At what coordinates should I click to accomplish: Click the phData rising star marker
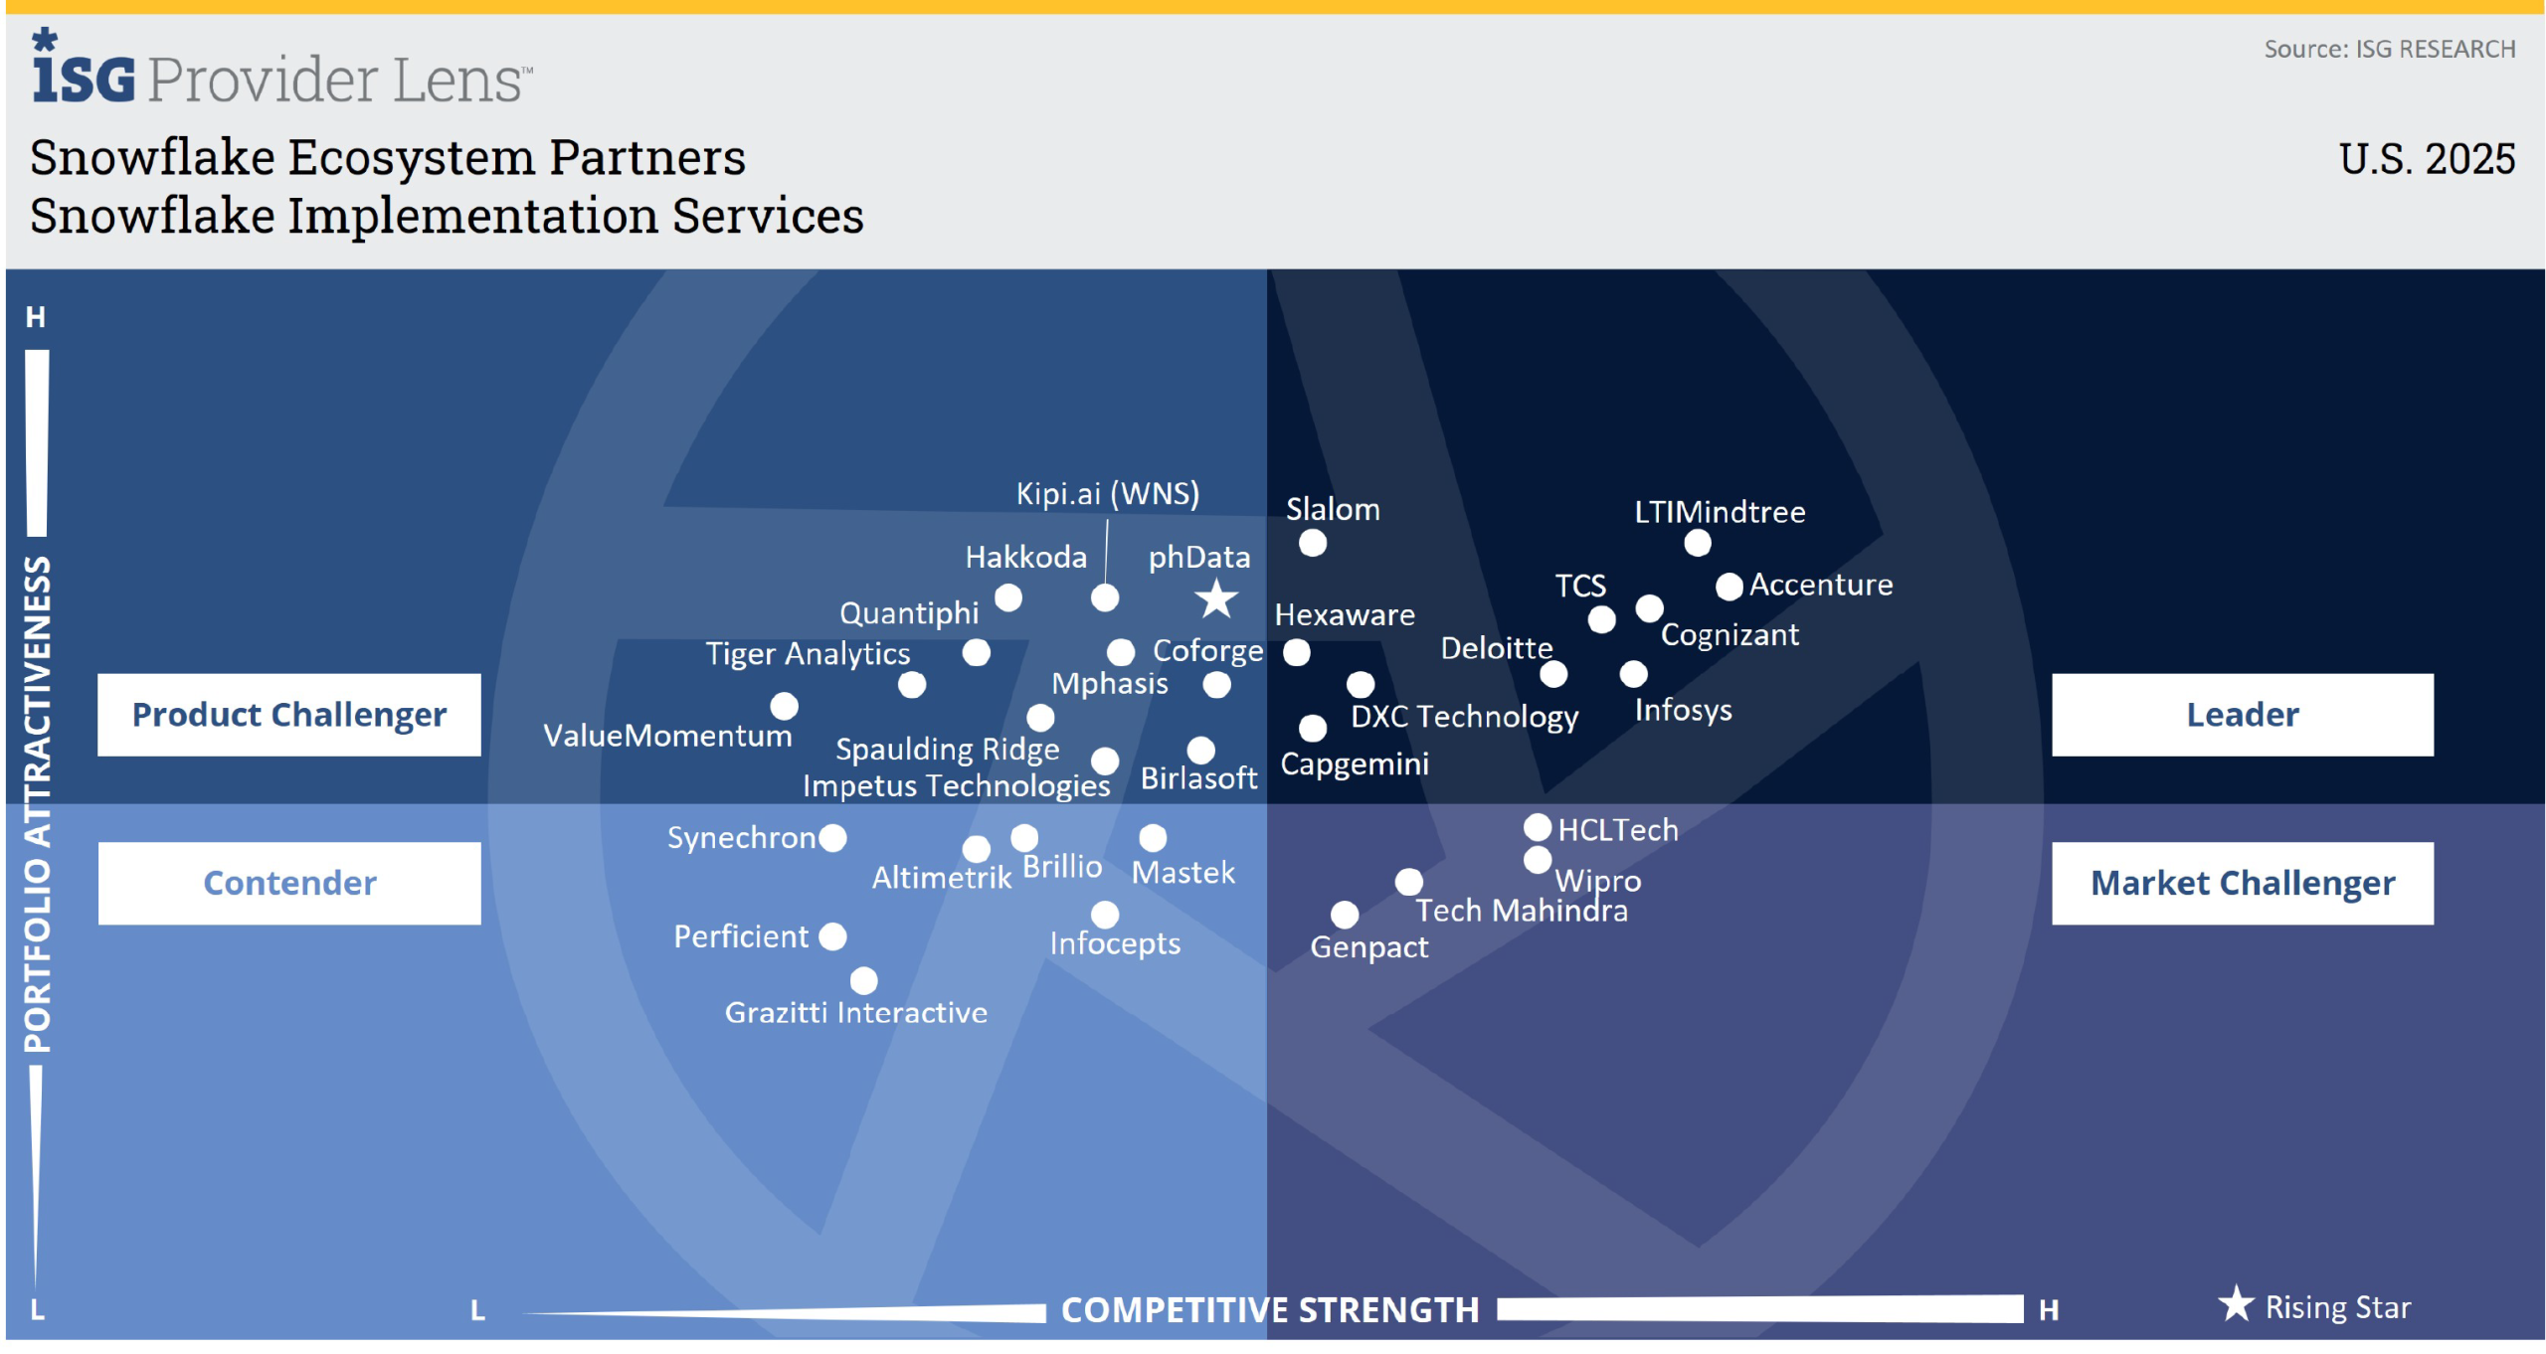[1216, 599]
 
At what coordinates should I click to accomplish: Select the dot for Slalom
[1313, 543]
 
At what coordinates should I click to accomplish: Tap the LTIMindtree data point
[1698, 543]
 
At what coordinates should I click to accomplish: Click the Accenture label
[1821, 585]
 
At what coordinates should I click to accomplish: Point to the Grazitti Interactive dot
[864, 981]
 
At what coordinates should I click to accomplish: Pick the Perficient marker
[833, 936]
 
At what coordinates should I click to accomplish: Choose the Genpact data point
[1345, 915]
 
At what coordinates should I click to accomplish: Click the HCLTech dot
[1538, 827]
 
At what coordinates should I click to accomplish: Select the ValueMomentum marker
[785, 706]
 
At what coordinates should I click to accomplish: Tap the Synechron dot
[833, 838]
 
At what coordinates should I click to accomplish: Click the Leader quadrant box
[2242, 715]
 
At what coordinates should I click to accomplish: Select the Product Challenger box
[289, 715]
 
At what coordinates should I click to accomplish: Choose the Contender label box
[289, 883]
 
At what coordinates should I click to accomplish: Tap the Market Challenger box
[2242, 883]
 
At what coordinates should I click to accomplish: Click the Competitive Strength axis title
[1270, 1310]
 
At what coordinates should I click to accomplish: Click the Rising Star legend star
[2236, 1304]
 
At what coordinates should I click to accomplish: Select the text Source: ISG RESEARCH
[2389, 49]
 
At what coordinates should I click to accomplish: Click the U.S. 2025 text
[2427, 159]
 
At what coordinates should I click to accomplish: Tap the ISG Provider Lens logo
[281, 72]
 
